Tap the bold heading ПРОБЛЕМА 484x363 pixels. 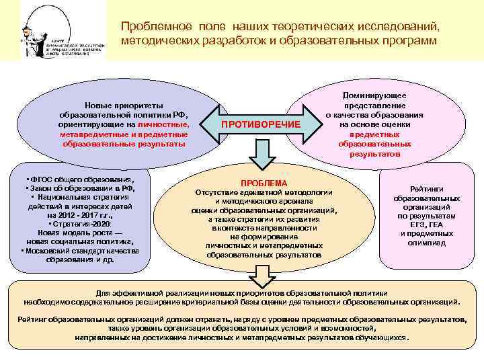(x=264, y=184)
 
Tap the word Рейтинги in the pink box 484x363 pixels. (x=427, y=190)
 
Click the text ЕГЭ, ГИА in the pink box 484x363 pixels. (x=427, y=225)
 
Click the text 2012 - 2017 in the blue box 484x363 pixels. (x=80, y=214)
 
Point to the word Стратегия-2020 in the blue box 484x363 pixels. (x=81, y=223)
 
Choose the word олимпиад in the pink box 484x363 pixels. (x=427, y=243)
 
